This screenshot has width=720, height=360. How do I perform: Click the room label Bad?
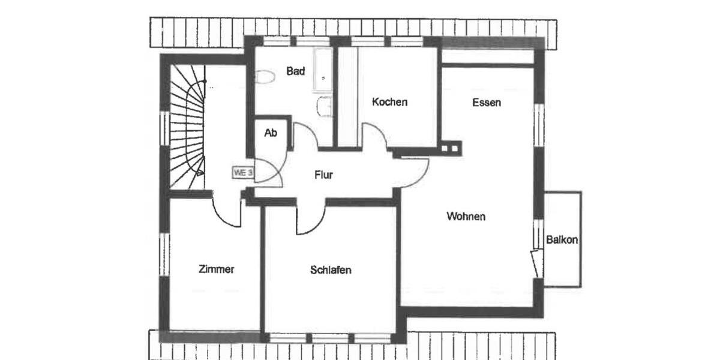point(295,71)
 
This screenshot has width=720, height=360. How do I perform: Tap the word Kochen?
point(389,102)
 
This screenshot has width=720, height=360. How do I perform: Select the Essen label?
point(487,103)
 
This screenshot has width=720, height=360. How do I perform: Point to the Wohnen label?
point(466,217)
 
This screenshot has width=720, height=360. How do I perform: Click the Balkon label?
point(562,240)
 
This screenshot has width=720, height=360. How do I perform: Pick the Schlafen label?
point(331,270)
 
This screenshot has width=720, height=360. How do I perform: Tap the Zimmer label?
point(216,269)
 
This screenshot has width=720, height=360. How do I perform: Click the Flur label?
point(323,175)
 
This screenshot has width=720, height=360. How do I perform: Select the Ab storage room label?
point(271,133)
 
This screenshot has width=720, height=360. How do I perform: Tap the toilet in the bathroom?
point(264,77)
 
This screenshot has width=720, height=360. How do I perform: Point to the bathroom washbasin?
point(325,106)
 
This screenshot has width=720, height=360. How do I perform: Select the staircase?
point(187,129)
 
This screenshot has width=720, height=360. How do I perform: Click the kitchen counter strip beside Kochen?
point(349,96)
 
